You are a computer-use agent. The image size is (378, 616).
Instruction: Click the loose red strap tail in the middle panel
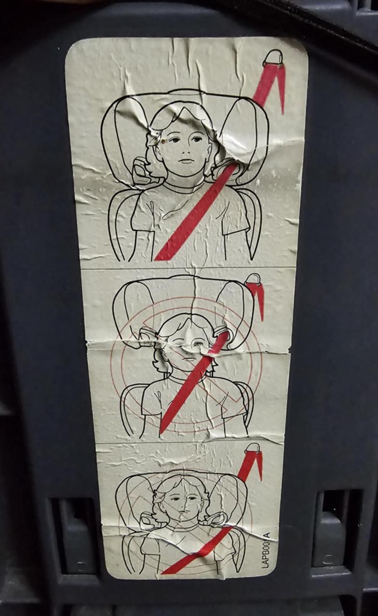click(260, 303)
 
